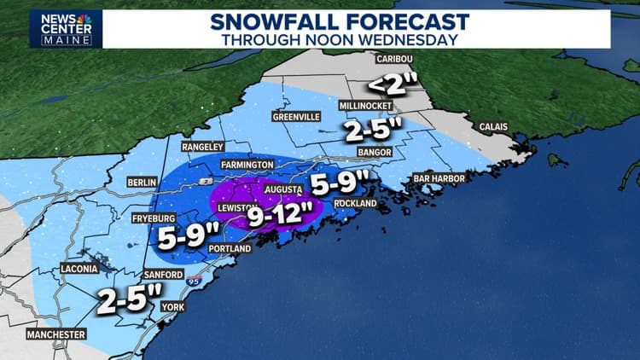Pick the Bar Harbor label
[x=438, y=178]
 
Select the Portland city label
[x=230, y=249]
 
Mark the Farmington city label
[x=247, y=164]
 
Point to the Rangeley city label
[x=202, y=147]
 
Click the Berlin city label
[x=141, y=183]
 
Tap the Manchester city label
[x=56, y=334]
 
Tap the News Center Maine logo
[x=66, y=28]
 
